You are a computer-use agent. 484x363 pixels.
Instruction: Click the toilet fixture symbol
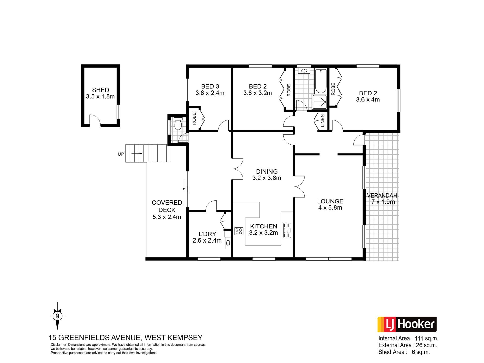(178, 124)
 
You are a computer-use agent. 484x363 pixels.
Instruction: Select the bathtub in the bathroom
(321, 81)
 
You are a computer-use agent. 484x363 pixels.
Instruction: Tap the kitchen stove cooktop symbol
(239, 231)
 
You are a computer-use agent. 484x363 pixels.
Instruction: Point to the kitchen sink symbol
(287, 230)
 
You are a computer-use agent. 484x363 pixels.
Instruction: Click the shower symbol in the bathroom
(320, 102)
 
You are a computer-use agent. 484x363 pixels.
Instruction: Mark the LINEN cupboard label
(322, 121)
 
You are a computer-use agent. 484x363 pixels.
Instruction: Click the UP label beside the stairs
(121, 154)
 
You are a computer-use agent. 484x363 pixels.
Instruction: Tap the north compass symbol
(57, 316)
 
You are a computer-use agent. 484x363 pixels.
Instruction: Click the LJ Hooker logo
(407, 325)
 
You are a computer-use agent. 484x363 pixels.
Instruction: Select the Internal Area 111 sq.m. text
(408, 339)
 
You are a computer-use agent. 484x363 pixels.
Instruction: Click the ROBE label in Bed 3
(194, 118)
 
